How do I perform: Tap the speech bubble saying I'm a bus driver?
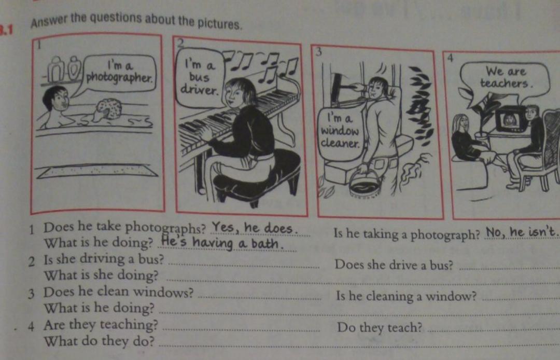pos(200,78)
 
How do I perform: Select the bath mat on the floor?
pos(97,171)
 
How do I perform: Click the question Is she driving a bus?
pos(104,259)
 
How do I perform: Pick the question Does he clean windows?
pos(118,292)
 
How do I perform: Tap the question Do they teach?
pos(380,328)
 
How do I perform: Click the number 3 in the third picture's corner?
pos(318,52)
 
